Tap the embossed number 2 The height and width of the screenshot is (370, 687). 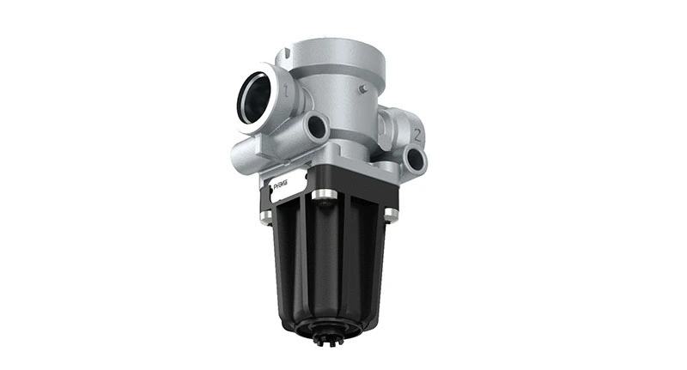pyautogui.click(x=416, y=134)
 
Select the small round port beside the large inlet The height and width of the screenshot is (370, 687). pyautogui.click(x=317, y=128)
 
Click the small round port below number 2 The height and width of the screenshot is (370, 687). pyautogui.click(x=416, y=159)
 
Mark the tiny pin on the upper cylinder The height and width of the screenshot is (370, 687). pyautogui.click(x=363, y=88)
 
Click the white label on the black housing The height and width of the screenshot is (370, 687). pyautogui.click(x=288, y=188)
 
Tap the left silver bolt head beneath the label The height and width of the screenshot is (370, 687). pyautogui.click(x=265, y=216)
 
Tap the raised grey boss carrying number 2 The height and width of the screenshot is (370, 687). pyautogui.click(x=404, y=129)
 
